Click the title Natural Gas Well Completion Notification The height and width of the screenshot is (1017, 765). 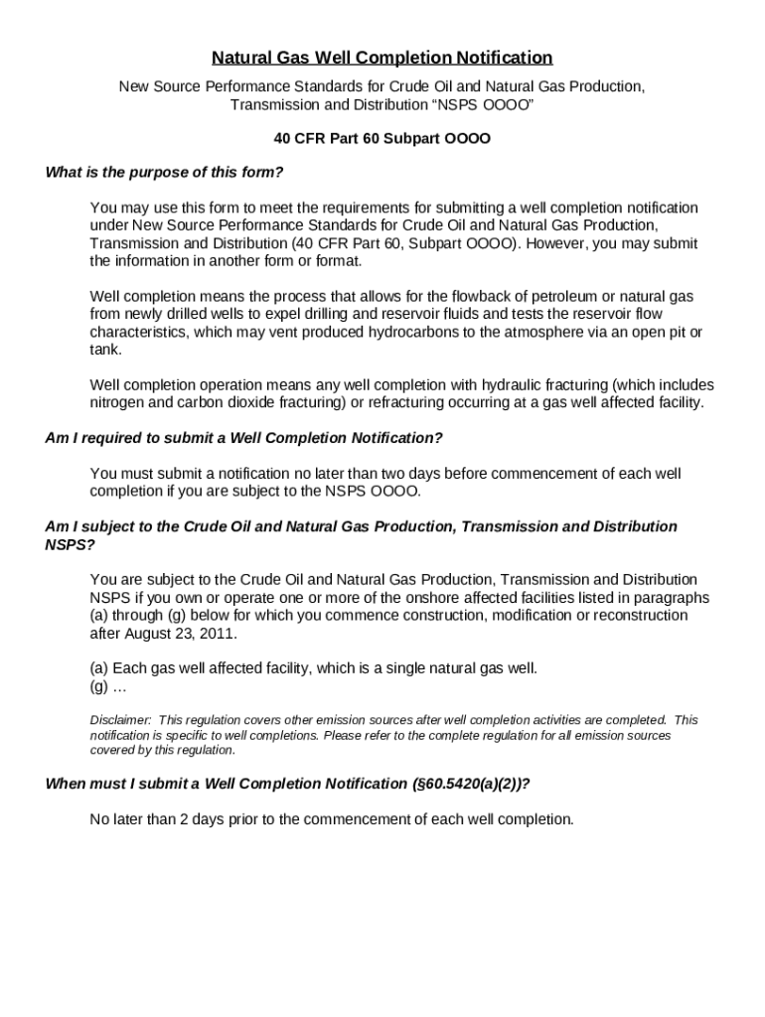(382, 58)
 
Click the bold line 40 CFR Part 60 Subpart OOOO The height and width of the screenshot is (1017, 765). (382, 138)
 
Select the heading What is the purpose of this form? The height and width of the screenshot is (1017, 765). (165, 172)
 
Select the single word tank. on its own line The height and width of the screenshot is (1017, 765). (106, 350)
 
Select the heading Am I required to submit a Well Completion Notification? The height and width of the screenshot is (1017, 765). (244, 438)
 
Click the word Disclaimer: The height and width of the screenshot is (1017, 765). (120, 720)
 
